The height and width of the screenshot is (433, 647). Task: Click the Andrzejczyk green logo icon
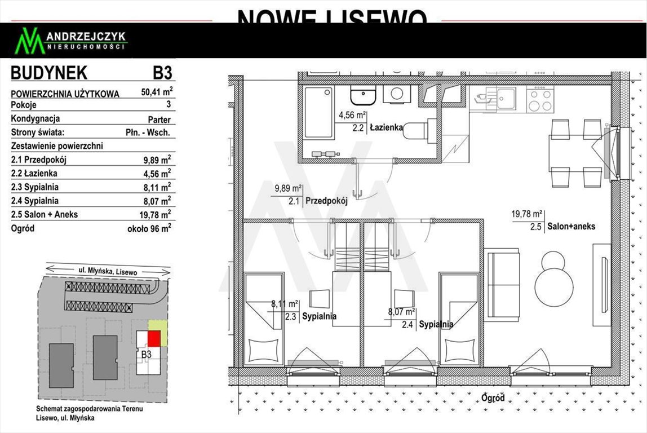pyautogui.click(x=29, y=41)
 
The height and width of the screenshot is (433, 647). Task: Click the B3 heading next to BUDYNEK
pyautogui.click(x=162, y=73)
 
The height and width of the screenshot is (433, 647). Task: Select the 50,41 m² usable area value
pyautogui.click(x=157, y=92)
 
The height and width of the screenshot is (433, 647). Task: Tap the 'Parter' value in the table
pyautogui.click(x=158, y=120)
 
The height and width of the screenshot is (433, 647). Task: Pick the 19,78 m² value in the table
pyautogui.click(x=157, y=214)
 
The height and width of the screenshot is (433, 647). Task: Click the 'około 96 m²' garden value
pyautogui.click(x=149, y=228)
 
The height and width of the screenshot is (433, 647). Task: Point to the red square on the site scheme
pyautogui.click(x=154, y=338)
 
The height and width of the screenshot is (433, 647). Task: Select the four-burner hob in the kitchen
pyautogui.click(x=539, y=100)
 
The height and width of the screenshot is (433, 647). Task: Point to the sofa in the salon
pyautogui.click(x=503, y=286)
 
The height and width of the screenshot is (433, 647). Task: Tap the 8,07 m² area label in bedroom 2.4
pyautogui.click(x=402, y=311)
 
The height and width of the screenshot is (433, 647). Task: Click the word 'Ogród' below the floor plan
pyautogui.click(x=493, y=398)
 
